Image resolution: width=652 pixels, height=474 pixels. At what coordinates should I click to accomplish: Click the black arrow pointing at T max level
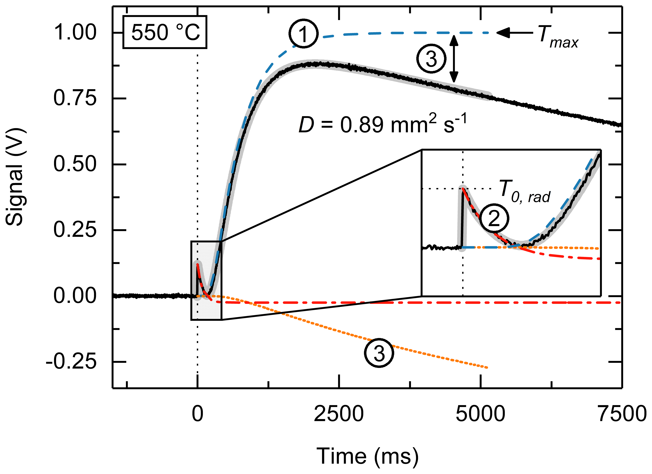[515, 33]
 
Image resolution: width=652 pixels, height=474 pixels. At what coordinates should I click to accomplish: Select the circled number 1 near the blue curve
[304, 34]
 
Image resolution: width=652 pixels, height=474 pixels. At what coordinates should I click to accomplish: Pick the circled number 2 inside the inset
[494, 219]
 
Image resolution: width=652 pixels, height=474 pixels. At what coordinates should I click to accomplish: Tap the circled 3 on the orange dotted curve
[379, 353]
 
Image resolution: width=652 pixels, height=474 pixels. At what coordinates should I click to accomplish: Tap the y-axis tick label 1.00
[75, 33]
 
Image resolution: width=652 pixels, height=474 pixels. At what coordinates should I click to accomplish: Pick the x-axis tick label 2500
[339, 414]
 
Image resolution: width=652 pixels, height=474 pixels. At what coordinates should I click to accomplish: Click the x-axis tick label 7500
[622, 414]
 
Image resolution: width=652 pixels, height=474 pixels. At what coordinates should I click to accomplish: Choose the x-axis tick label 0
[198, 414]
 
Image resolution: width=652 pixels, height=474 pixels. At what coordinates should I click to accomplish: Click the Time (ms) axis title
[367, 456]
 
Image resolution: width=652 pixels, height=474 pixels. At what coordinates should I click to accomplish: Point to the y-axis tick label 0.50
[75, 164]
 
